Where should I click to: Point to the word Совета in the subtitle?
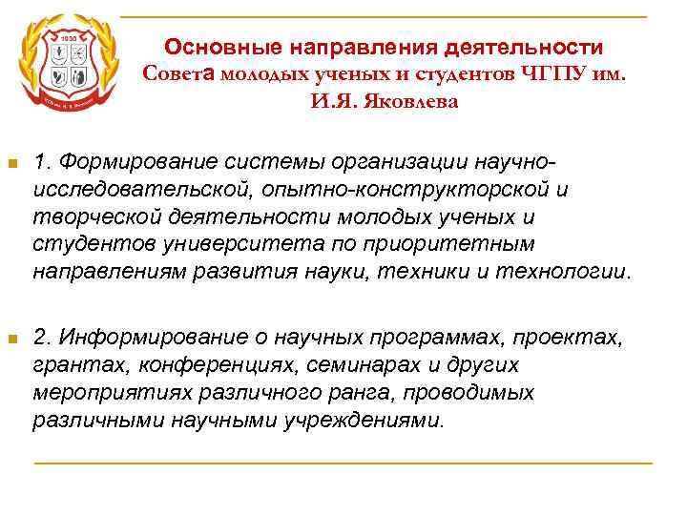[x=182, y=73]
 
